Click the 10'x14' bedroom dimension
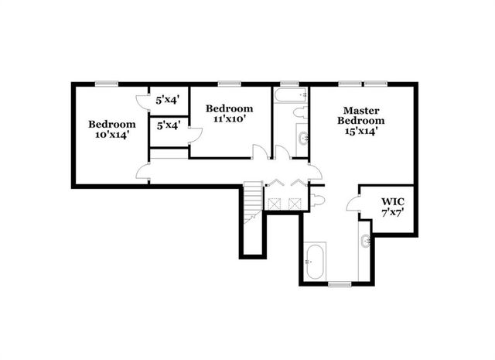click(111, 134)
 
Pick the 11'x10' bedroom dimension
click(229, 119)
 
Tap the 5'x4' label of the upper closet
click(167, 100)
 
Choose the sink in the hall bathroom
click(302, 139)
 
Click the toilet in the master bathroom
click(319, 200)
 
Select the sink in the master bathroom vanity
click(365, 241)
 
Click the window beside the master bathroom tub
click(339, 285)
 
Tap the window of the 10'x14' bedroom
click(106, 83)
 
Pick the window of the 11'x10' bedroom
click(228, 83)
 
